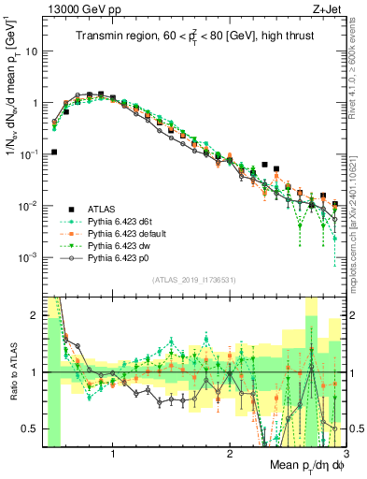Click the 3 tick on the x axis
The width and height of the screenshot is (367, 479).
[x=345, y=453]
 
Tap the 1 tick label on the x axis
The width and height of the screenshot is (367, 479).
[x=113, y=453]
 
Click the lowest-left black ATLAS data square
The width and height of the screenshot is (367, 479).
[x=54, y=152]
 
